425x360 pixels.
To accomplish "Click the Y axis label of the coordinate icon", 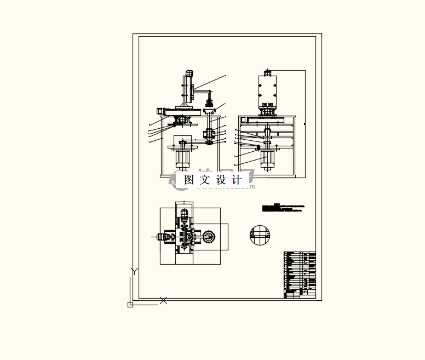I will point(134,271).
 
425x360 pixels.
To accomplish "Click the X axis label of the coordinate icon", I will point(163,300).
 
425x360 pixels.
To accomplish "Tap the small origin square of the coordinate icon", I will point(130,304).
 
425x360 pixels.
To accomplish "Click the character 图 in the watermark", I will point(189,179).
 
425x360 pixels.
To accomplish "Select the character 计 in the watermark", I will point(237,179).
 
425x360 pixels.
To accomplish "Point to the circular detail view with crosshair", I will point(260,235).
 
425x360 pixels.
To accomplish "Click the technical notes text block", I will point(282,208).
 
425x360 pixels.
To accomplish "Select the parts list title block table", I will point(300,275).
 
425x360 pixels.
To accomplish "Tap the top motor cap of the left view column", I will point(189,73).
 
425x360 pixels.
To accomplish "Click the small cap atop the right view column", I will point(268,72).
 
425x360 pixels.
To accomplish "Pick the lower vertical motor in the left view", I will point(182,159).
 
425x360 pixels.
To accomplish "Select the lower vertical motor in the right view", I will point(268,160).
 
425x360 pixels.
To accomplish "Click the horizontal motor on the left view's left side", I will point(163,110).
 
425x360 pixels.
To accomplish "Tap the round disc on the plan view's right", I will point(209,237).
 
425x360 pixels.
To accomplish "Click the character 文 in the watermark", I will point(205,179).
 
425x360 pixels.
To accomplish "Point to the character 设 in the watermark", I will point(221,179).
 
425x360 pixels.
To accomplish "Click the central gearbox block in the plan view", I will point(185,237).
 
